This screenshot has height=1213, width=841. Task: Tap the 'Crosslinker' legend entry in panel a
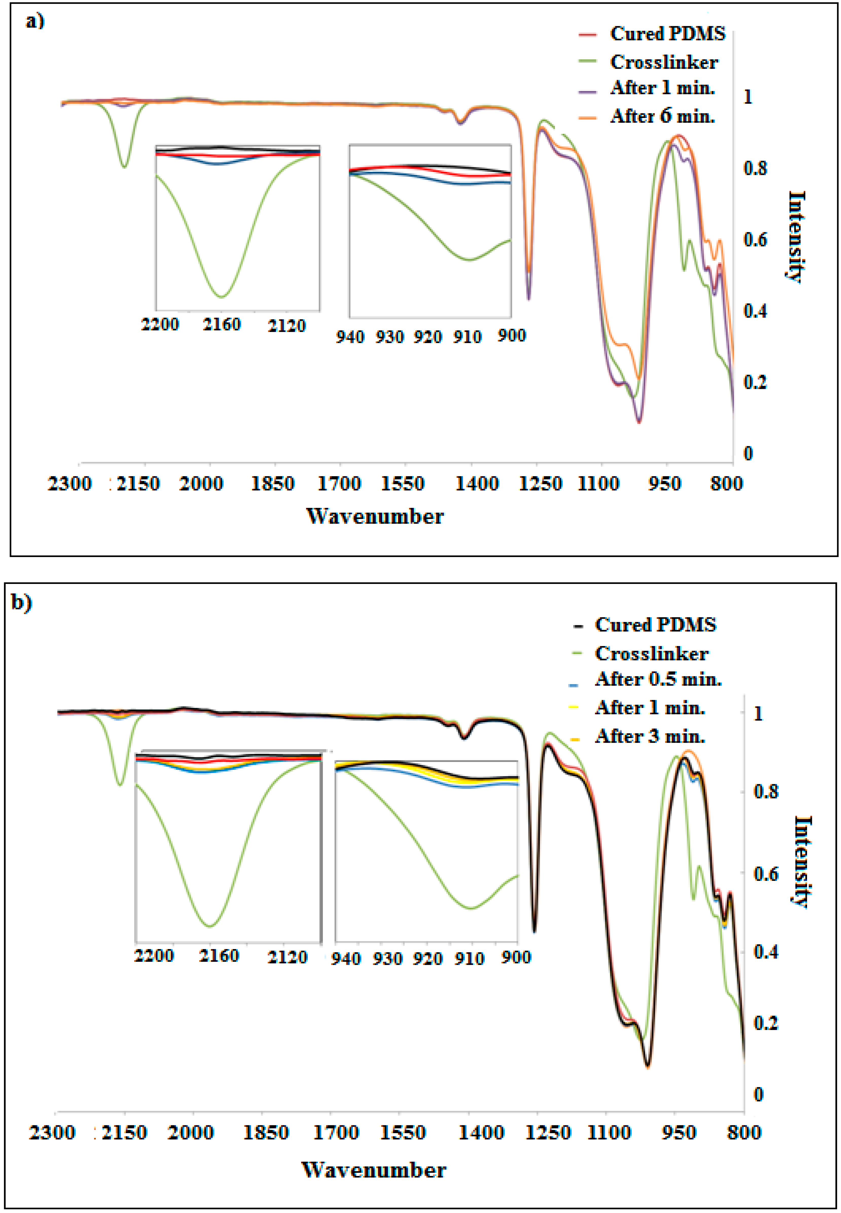click(x=664, y=62)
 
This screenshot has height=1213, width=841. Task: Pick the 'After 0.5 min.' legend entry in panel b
click(x=658, y=679)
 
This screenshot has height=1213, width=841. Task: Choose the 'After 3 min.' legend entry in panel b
click(x=650, y=736)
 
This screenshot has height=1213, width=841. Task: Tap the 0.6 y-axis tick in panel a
click(x=755, y=240)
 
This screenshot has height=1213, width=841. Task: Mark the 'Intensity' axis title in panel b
click(x=802, y=862)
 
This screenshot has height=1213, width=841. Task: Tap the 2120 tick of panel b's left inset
click(x=287, y=956)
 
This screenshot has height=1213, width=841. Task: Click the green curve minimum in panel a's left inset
click(x=222, y=297)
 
